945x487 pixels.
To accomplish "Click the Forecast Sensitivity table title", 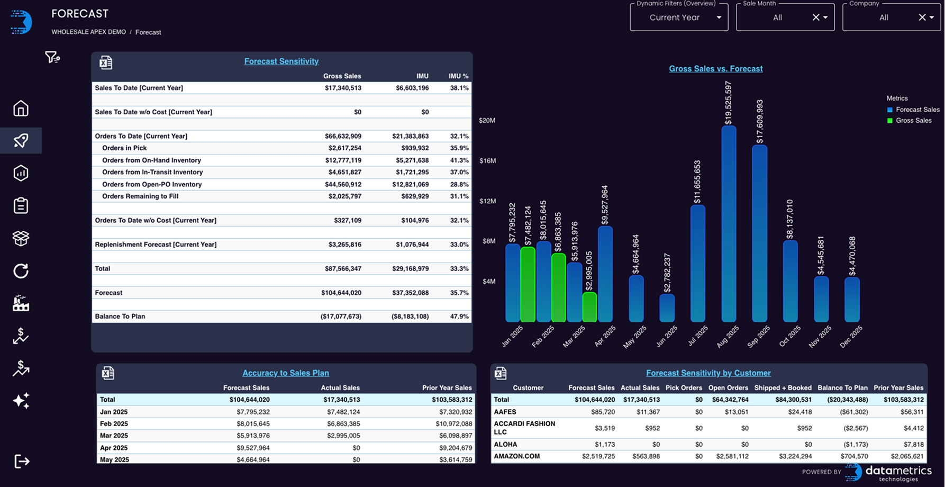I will tap(281, 61).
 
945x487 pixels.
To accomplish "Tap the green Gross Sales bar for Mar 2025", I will tap(589, 307).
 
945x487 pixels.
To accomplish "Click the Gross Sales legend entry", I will tap(913, 121).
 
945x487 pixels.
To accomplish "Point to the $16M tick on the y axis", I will tap(487, 161).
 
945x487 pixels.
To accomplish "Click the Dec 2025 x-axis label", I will tap(851, 337).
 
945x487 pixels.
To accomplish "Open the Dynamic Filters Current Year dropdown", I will tap(679, 17).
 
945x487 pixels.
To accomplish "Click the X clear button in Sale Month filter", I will tap(815, 17).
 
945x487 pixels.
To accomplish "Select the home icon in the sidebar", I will tap(21, 109).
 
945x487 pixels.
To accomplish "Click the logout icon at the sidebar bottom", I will tap(21, 462).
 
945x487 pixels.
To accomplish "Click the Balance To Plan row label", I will tap(120, 317).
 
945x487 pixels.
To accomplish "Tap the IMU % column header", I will tap(458, 76).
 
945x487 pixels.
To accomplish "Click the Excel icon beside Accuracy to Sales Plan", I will tap(108, 373).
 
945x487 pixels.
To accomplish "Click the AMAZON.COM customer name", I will tap(516, 456).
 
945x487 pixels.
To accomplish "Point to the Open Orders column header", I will tap(728, 388).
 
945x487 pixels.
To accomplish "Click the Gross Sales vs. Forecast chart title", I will tap(715, 69).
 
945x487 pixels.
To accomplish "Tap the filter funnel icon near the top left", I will tap(52, 57).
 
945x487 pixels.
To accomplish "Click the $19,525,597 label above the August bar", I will tap(729, 103).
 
